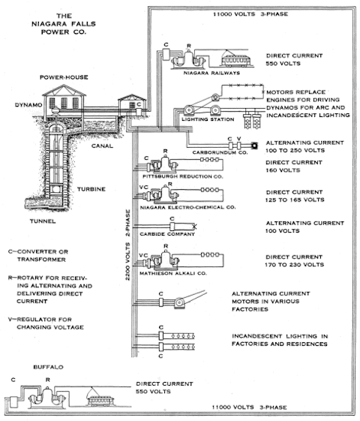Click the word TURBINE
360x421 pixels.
click(x=91, y=189)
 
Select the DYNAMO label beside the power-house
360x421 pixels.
click(x=28, y=105)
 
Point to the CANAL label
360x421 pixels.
click(x=102, y=146)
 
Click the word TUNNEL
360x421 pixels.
click(x=43, y=221)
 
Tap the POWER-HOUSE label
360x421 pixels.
click(x=64, y=77)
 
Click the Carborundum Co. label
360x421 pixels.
click(x=220, y=152)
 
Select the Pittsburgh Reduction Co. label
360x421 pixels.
click(x=183, y=176)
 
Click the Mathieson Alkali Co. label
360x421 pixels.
click(x=173, y=273)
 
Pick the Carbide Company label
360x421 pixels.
click(x=167, y=234)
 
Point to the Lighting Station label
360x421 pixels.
click(x=208, y=119)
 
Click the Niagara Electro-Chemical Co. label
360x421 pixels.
click(x=187, y=207)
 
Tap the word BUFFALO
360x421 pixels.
click(x=48, y=367)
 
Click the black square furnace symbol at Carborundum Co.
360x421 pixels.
click(x=254, y=146)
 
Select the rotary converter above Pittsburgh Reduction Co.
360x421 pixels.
click(x=164, y=164)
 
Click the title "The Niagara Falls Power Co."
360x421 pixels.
click(x=64, y=24)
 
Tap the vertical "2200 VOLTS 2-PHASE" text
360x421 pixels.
click(x=127, y=245)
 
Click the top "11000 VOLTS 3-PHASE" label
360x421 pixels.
click(x=250, y=14)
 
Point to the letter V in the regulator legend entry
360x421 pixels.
click(x=10, y=320)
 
